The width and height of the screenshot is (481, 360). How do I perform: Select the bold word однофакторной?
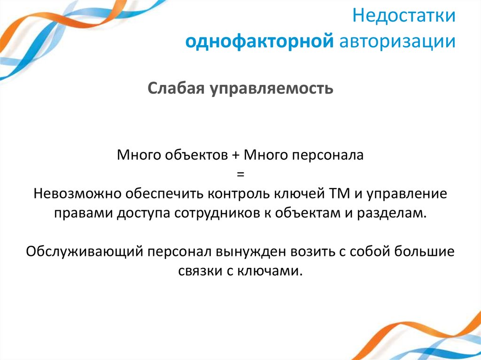coord(259,41)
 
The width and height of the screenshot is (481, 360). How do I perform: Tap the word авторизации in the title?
coord(397,41)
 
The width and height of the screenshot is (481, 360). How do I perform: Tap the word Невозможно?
coord(72,194)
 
